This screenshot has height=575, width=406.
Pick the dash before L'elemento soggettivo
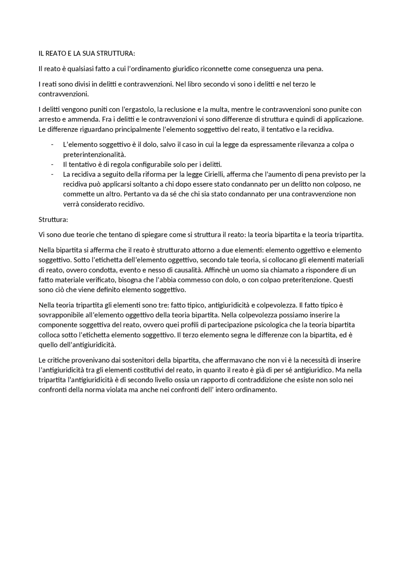point(52,145)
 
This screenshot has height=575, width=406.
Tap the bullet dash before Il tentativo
point(52,164)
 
